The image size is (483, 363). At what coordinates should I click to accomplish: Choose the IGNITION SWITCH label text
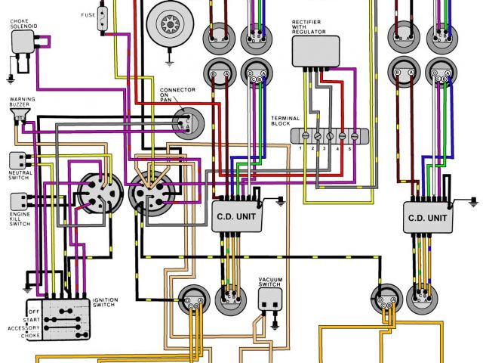(x=106, y=302)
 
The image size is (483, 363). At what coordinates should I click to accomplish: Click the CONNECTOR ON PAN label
(x=177, y=96)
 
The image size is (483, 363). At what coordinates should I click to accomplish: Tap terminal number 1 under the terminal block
(x=300, y=149)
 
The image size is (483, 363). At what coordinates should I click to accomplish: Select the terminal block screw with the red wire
(x=343, y=136)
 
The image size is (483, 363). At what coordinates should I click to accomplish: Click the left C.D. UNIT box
(x=235, y=216)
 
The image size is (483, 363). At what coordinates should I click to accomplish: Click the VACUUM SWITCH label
(x=270, y=283)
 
